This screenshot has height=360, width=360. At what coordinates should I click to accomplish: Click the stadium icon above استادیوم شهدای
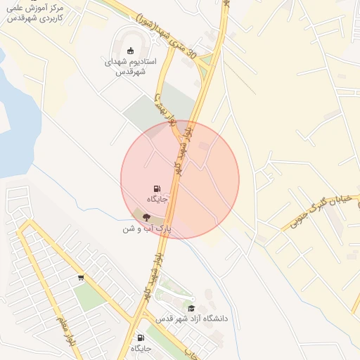pyautogui.click(x=130, y=51)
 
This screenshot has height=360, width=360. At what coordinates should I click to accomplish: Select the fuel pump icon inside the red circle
pyautogui.click(x=156, y=188)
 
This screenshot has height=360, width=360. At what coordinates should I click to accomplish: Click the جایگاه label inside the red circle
pyautogui.click(x=156, y=200)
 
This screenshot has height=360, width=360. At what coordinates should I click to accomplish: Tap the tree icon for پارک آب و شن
pyautogui.click(x=146, y=217)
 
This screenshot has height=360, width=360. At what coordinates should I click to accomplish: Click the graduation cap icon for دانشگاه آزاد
pyautogui.click(x=191, y=308)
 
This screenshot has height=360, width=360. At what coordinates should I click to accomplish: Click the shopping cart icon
pyautogui.click(x=82, y=277)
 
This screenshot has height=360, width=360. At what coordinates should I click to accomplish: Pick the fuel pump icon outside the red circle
pyautogui.click(x=140, y=337)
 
